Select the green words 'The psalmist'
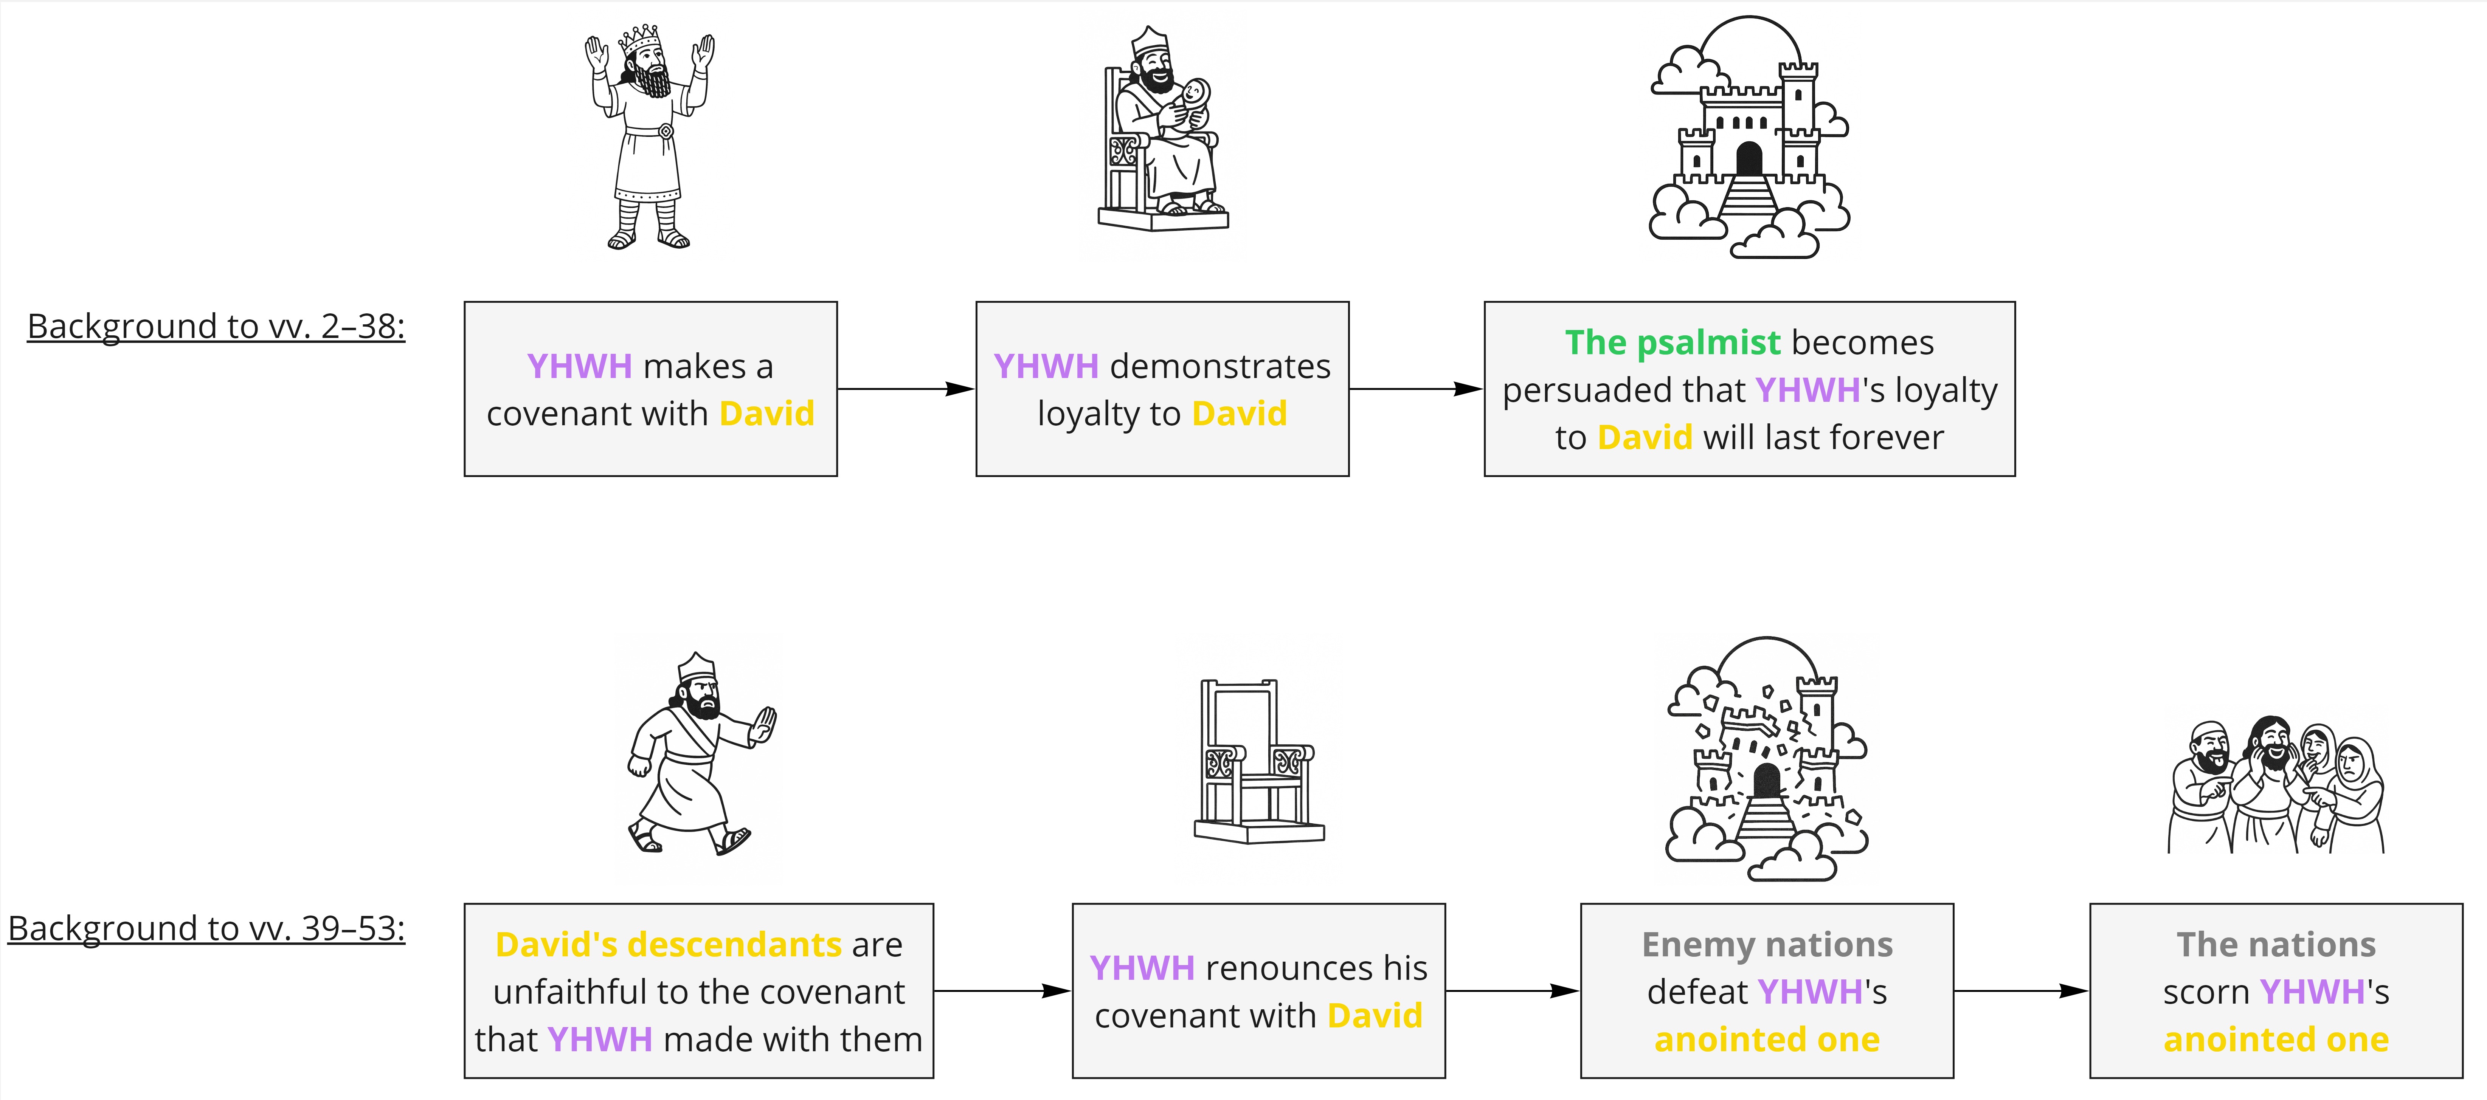(1672, 342)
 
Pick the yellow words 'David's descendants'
(668, 945)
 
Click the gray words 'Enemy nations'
(1767, 945)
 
